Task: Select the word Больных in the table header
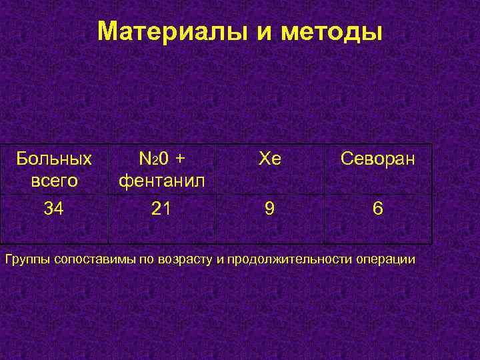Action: pos(54,159)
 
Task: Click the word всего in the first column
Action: pos(54,181)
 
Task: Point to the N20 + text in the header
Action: pos(162,159)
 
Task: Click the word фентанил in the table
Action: pos(162,181)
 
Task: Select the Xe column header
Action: pos(269,159)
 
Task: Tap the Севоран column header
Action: pos(377,159)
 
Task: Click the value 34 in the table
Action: pos(54,209)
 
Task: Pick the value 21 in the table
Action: pos(161,209)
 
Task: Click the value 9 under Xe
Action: pos(269,209)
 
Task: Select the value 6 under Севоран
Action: pos(377,209)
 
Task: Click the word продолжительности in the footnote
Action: pos(291,259)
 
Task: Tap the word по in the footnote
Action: pos(146,259)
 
